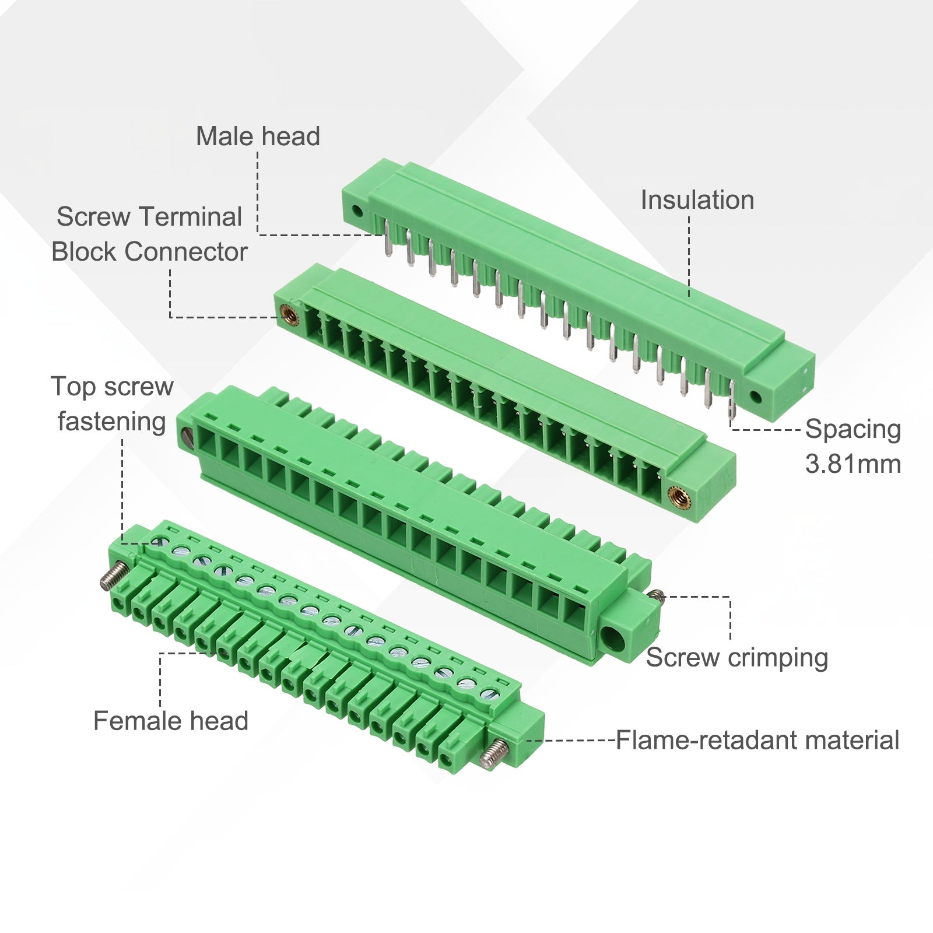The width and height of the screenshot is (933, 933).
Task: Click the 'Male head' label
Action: (x=258, y=136)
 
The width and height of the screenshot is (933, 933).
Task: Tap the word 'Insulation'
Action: (x=697, y=200)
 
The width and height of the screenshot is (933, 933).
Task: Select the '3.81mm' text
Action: (x=853, y=464)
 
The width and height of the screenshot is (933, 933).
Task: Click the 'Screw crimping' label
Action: (x=737, y=658)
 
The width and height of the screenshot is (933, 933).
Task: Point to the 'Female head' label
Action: (x=171, y=721)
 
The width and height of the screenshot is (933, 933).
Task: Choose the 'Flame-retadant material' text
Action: (x=757, y=740)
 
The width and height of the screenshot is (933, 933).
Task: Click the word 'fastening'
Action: (x=112, y=422)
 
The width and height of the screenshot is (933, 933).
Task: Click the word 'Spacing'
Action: (x=853, y=430)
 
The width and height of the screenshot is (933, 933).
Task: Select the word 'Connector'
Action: (x=186, y=252)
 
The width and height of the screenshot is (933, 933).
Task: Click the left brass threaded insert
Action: (x=289, y=315)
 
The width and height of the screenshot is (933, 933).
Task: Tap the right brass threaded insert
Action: (x=679, y=497)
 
